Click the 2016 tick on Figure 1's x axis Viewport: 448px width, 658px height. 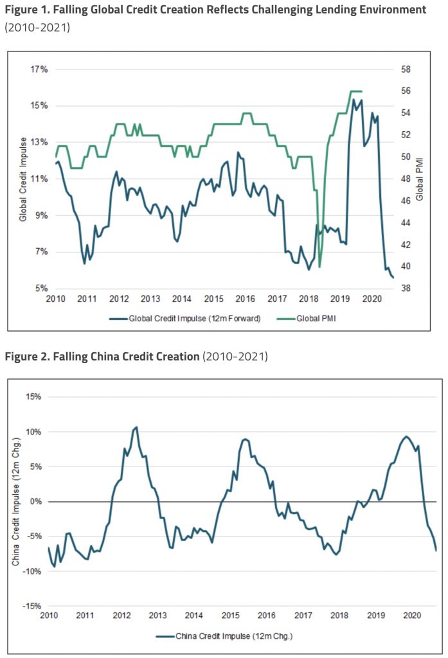245,299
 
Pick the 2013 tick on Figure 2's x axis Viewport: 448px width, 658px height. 157,616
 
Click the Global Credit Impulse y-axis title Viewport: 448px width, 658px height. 22,179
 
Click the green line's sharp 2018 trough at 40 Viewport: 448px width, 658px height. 319,266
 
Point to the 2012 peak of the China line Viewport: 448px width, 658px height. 136,427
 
